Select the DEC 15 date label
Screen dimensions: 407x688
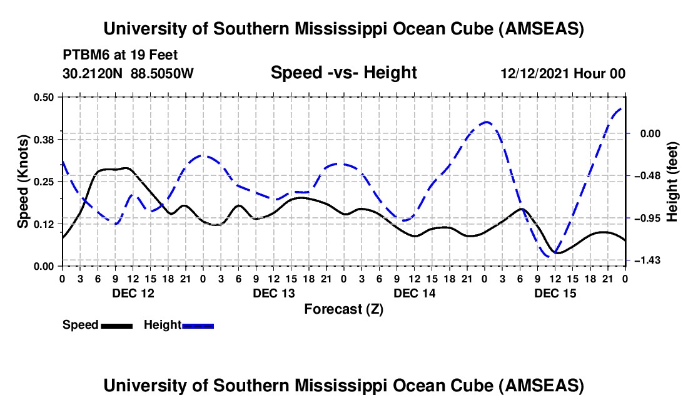[554, 293]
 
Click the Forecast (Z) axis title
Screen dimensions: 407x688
[343, 309]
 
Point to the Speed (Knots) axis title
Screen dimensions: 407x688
[23, 181]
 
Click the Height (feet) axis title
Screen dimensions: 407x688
[672, 181]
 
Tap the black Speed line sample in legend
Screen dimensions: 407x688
[116, 326]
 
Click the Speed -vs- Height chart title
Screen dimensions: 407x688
[343, 73]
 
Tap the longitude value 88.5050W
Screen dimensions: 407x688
[162, 74]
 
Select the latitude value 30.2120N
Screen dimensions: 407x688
[93, 74]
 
